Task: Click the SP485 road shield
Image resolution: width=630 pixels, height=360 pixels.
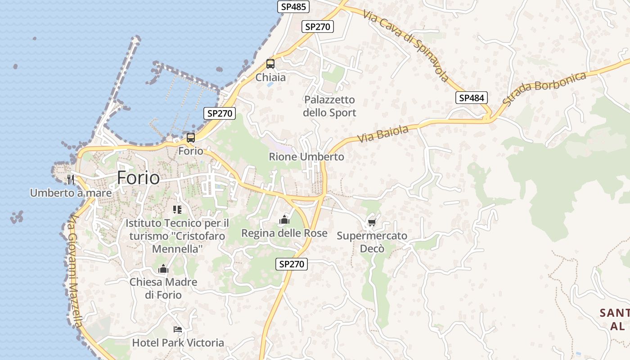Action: (x=293, y=6)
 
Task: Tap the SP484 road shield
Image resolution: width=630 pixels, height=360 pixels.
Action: (x=471, y=98)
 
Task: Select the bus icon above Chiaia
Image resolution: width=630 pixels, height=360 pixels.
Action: (x=270, y=64)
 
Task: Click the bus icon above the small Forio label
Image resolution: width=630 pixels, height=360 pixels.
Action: (x=191, y=138)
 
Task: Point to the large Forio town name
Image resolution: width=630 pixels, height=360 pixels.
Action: (x=138, y=178)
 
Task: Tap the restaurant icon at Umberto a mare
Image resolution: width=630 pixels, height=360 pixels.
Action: (x=70, y=180)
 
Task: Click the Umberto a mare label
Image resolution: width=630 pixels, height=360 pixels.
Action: (x=71, y=193)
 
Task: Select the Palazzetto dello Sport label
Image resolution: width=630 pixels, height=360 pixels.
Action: (x=329, y=106)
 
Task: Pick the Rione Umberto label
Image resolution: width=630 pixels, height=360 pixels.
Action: (x=306, y=157)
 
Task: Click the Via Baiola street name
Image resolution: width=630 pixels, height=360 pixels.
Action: (x=383, y=134)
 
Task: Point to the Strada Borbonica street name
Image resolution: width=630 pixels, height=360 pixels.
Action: (x=544, y=88)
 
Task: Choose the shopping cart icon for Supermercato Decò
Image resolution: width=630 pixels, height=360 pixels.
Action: (x=372, y=222)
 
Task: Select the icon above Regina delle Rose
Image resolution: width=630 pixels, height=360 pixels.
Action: (x=284, y=220)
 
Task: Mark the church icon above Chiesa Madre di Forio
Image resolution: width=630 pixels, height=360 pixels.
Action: (x=163, y=269)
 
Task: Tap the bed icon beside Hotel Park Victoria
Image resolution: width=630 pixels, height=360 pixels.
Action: (x=178, y=330)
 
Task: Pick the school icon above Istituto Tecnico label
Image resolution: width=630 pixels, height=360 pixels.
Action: (x=177, y=209)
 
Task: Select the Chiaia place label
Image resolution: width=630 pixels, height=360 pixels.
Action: (x=270, y=77)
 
